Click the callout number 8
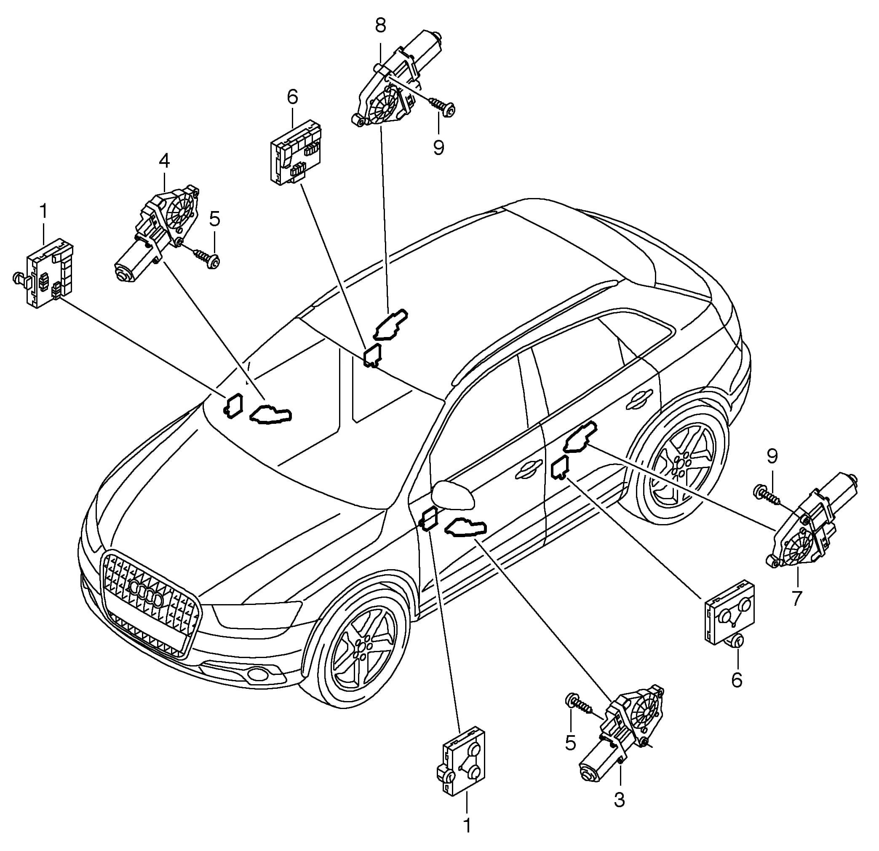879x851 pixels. [x=380, y=26]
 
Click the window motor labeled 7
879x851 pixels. [x=811, y=523]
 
